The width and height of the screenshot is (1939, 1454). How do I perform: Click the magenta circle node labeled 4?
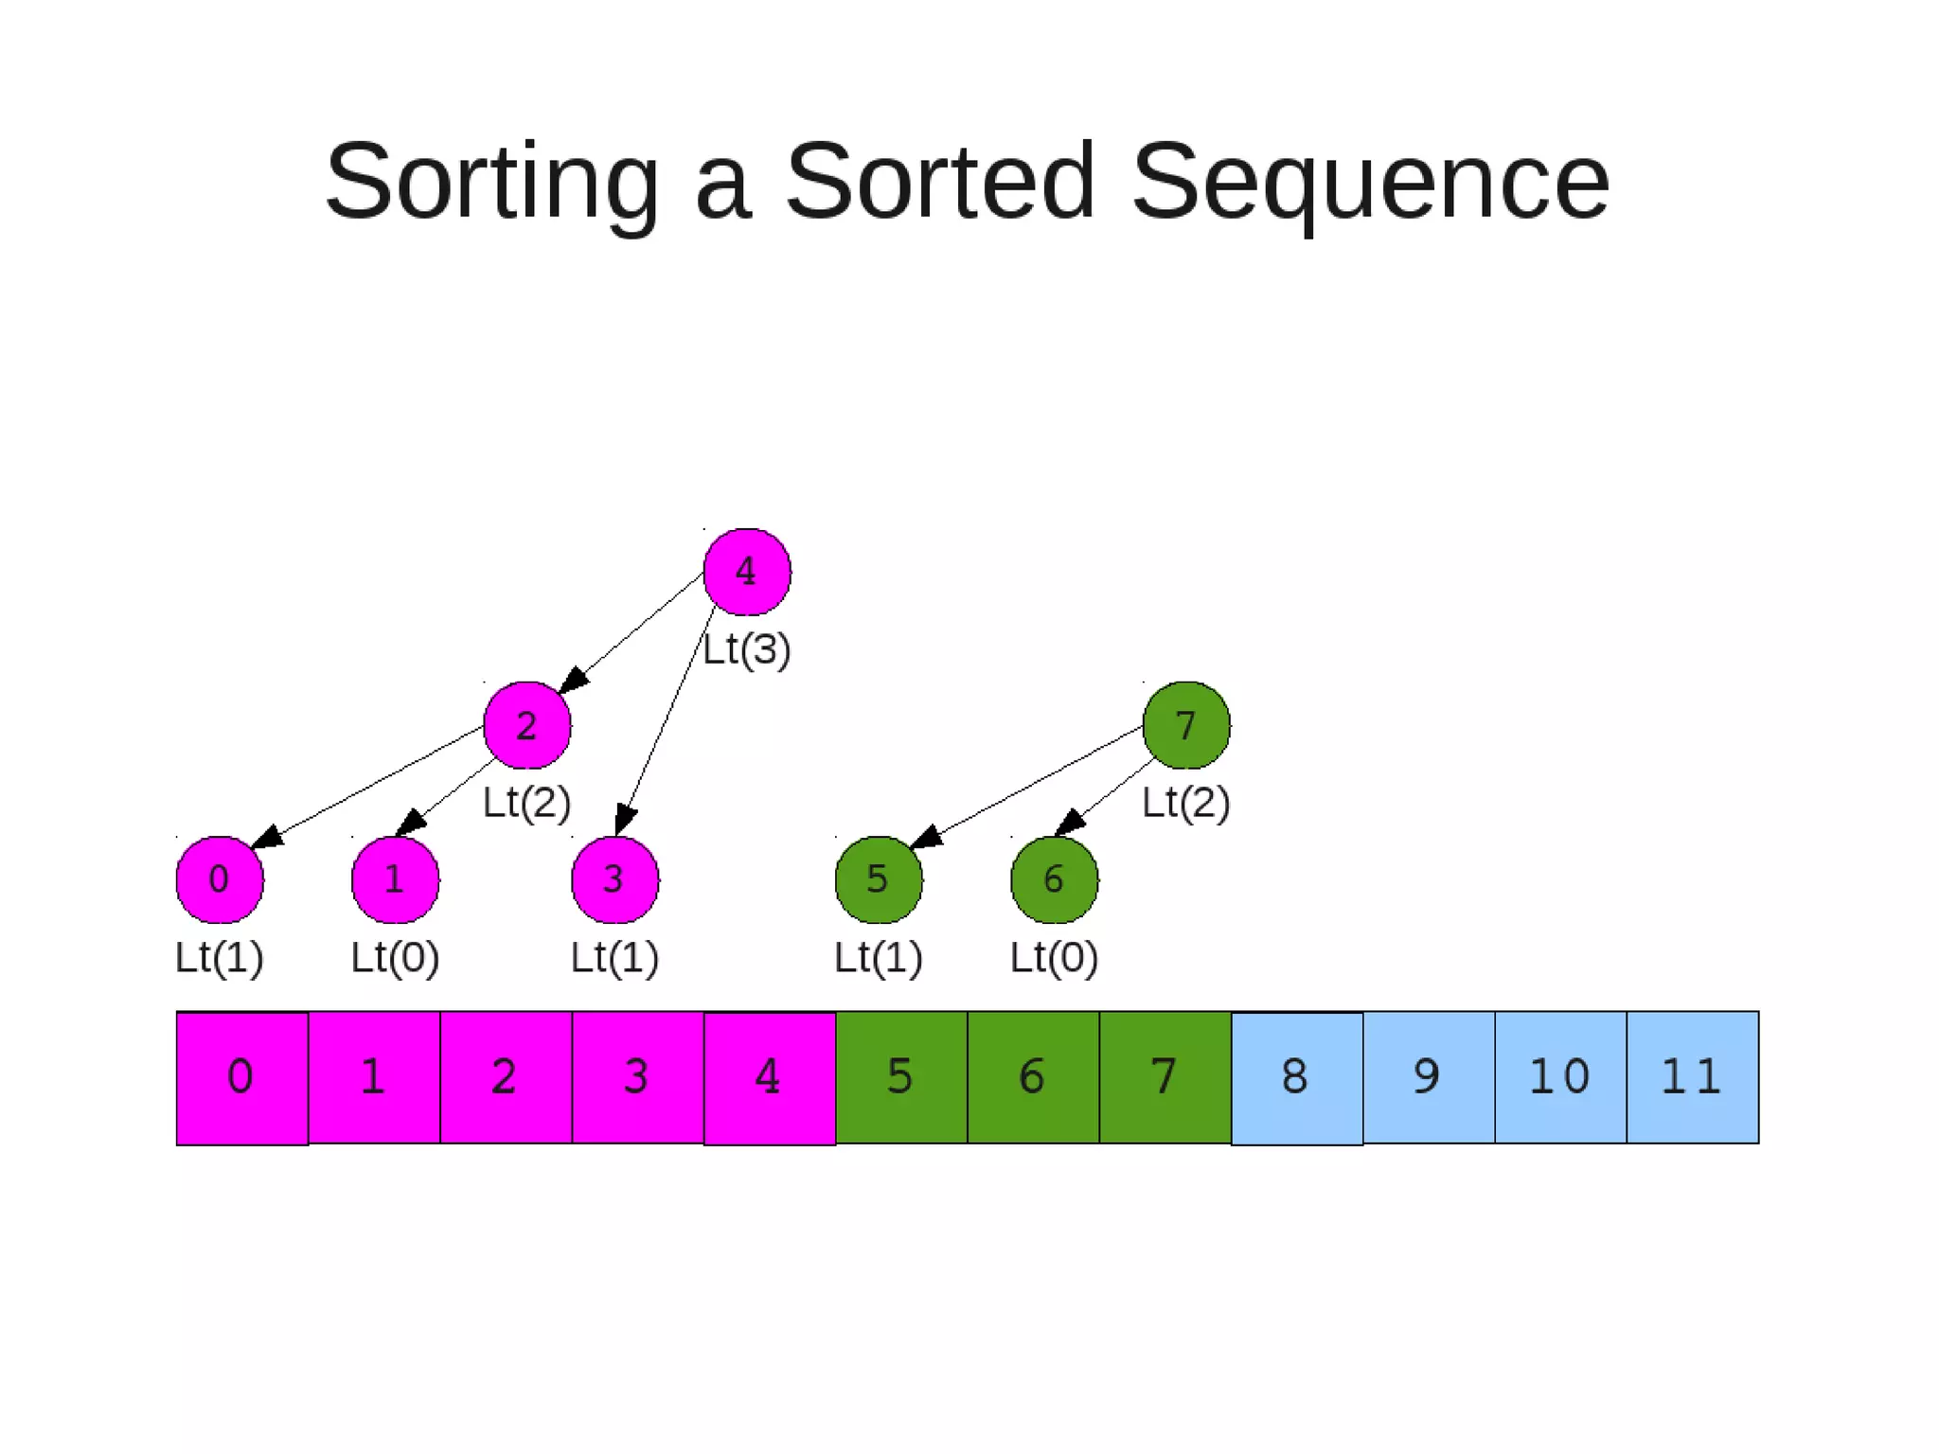click(x=747, y=572)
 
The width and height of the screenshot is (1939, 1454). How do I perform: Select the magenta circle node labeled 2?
click(x=527, y=725)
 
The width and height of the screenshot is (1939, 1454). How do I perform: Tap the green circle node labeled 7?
click(x=1186, y=725)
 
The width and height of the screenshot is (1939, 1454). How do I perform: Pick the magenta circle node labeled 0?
click(x=220, y=879)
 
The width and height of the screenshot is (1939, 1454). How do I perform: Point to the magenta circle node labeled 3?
click(x=615, y=879)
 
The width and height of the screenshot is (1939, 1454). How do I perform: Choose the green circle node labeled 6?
click(x=1055, y=879)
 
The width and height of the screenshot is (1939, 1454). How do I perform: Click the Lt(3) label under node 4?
click(x=747, y=649)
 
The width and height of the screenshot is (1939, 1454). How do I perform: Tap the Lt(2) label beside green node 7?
click(x=1186, y=803)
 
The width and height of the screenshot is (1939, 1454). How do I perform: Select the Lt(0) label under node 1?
click(x=395, y=957)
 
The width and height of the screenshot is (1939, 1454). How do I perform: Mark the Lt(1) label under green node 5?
click(x=879, y=957)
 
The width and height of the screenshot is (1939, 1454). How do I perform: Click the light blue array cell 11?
click(x=1693, y=1077)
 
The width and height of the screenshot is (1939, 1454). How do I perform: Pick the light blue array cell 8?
click(x=1297, y=1077)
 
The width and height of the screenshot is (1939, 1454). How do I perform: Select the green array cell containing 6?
click(x=1033, y=1077)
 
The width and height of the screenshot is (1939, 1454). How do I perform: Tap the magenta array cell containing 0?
click(x=242, y=1077)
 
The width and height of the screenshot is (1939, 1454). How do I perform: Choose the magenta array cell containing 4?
click(x=770, y=1077)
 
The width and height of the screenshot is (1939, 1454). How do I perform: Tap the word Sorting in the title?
click(x=492, y=181)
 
